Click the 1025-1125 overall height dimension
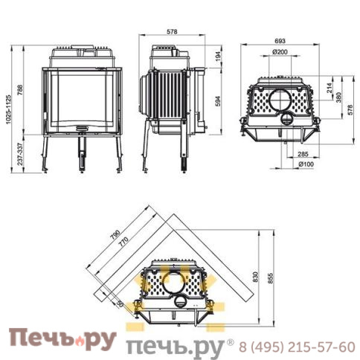tap(9, 109)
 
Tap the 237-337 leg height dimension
tap(20, 154)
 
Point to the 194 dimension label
tap(218, 57)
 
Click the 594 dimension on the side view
tap(218, 101)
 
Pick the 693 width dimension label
tap(280, 41)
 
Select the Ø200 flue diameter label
tap(280, 52)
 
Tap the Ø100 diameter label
tap(306, 164)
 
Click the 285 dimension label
tap(303, 154)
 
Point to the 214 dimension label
tap(330, 89)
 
